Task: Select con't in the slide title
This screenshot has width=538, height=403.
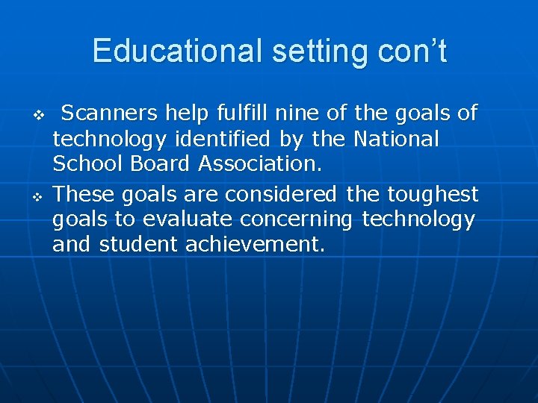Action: (409, 51)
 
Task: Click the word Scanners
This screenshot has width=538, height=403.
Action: (109, 113)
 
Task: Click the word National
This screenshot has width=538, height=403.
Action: (396, 140)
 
